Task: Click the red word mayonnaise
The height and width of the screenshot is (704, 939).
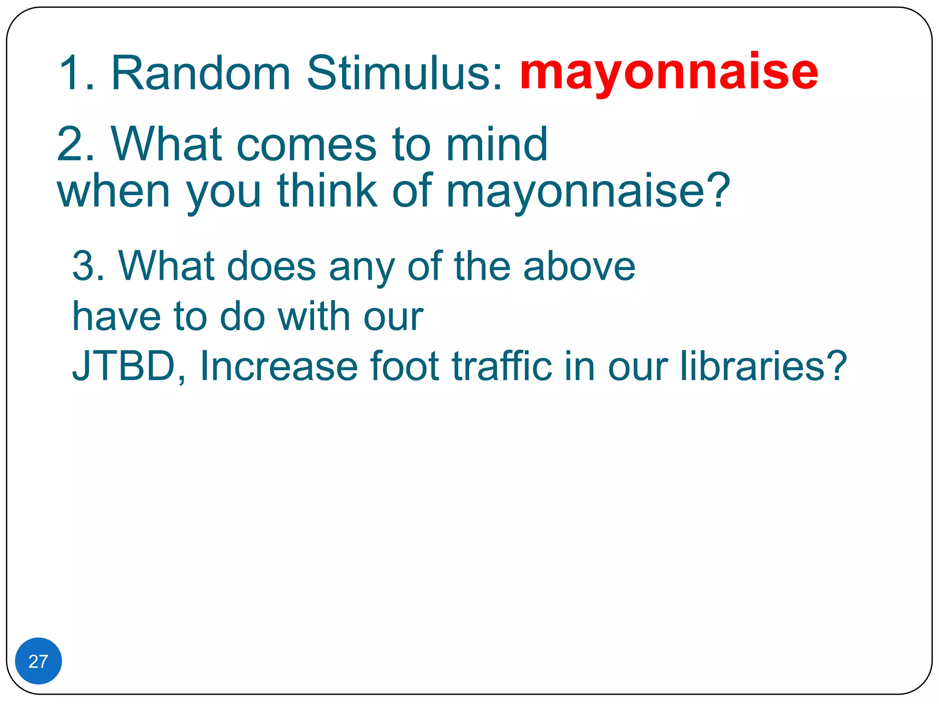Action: (668, 72)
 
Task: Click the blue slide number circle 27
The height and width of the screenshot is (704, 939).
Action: (39, 661)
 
